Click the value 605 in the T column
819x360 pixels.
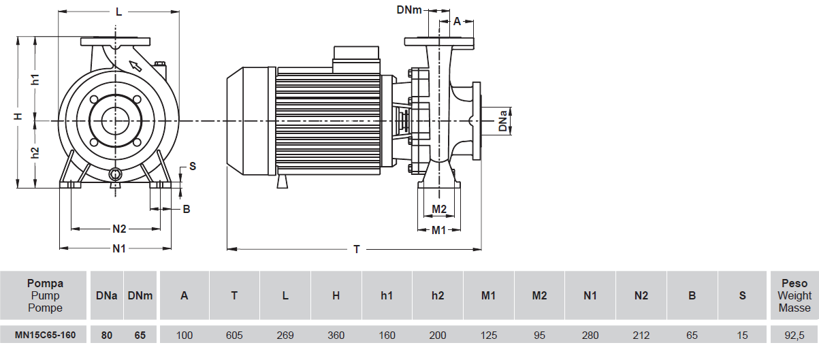pyautogui.click(x=234, y=336)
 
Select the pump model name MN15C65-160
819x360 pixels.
pyautogui.click(x=46, y=336)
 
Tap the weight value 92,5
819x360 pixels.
pyautogui.click(x=794, y=336)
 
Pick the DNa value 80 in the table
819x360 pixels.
pyautogui.click(x=107, y=336)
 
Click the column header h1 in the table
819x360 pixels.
pyautogui.click(x=387, y=295)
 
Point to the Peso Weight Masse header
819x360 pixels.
pyautogui.click(x=794, y=295)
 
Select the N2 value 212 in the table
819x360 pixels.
pyautogui.click(x=641, y=336)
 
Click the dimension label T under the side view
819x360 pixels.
pyautogui.click(x=356, y=250)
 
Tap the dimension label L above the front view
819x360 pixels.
pyautogui.click(x=118, y=12)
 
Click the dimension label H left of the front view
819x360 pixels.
pyautogui.click(x=18, y=116)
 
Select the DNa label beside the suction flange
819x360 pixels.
pyautogui.click(x=502, y=120)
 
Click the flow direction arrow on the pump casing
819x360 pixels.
pyautogui.click(x=135, y=66)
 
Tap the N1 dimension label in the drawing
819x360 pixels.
pyautogui.click(x=119, y=248)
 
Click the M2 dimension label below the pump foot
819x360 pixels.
pyautogui.click(x=439, y=208)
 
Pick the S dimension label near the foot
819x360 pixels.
pyautogui.click(x=193, y=166)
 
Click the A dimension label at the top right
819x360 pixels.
pyautogui.click(x=457, y=21)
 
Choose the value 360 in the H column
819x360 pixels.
pyautogui.click(x=336, y=336)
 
